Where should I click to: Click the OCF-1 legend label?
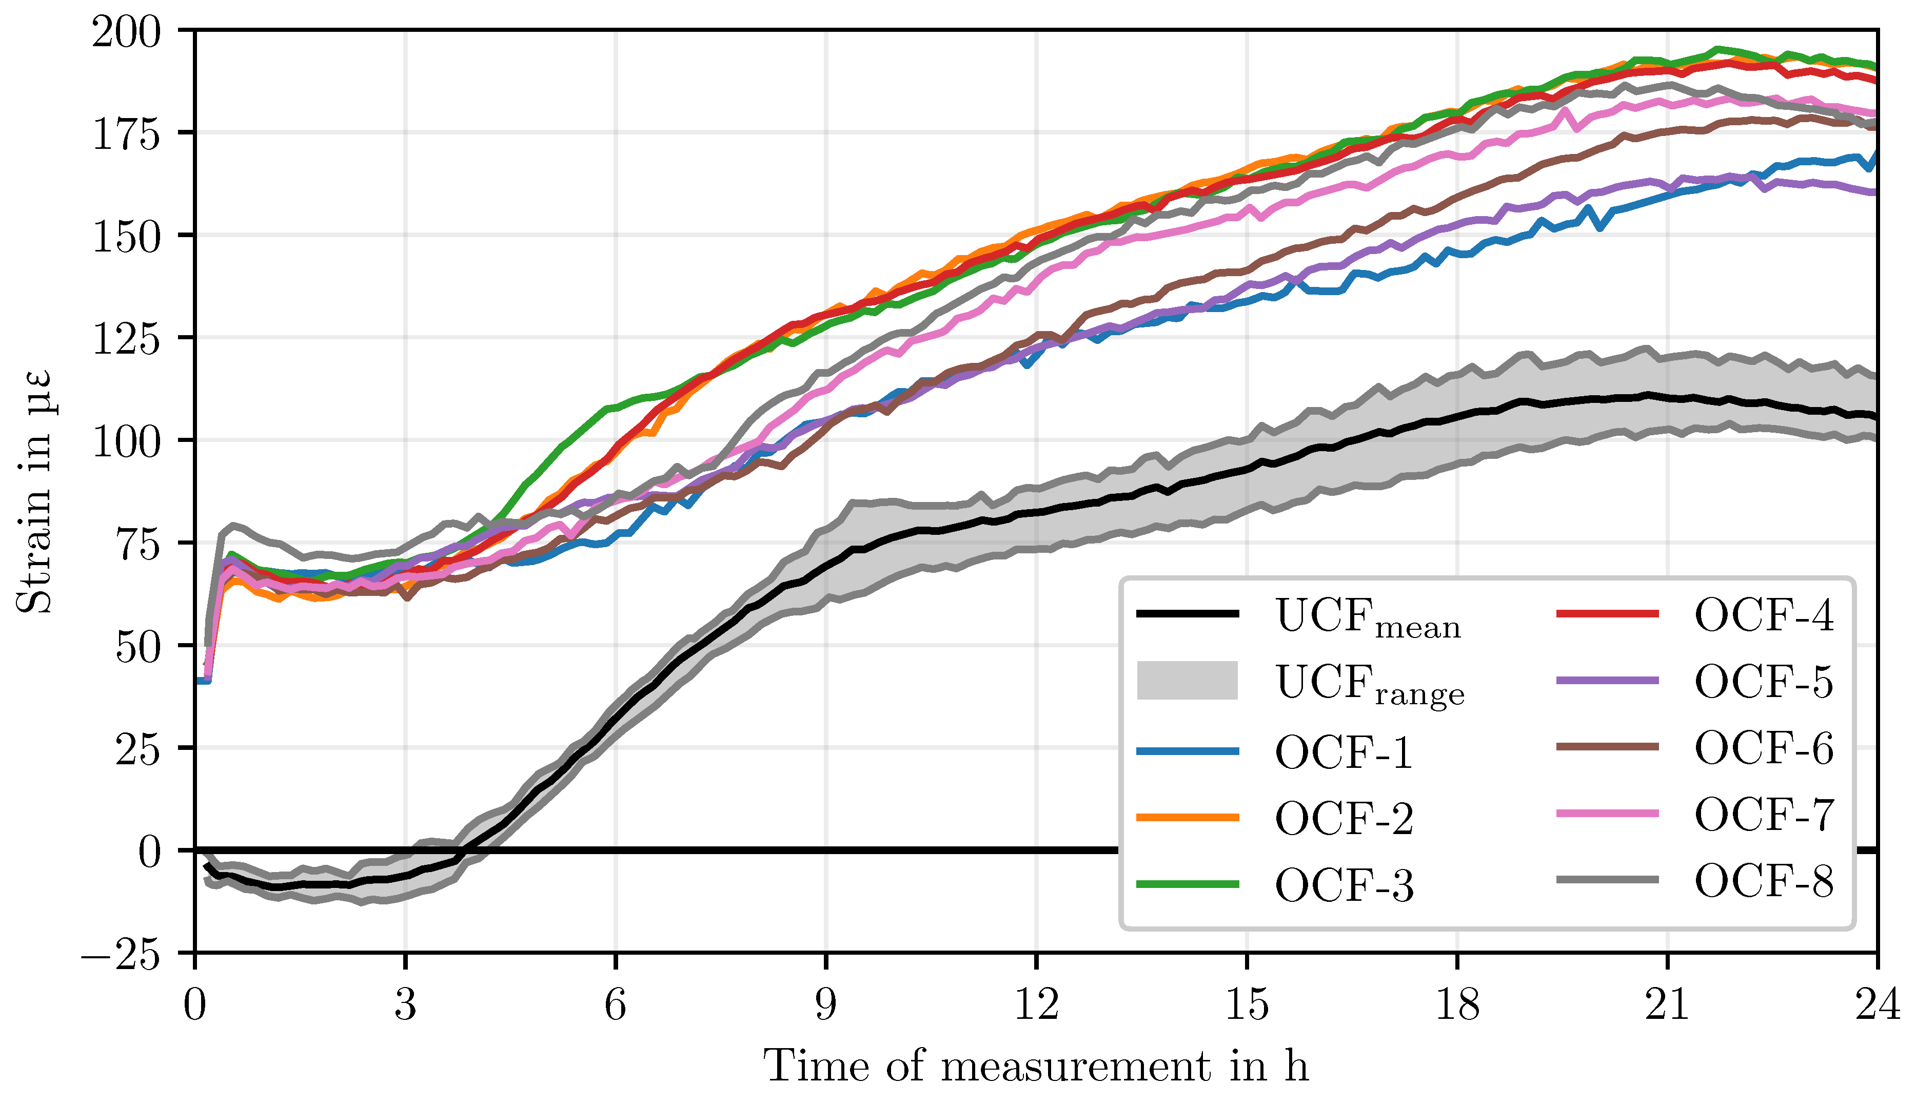tap(1344, 752)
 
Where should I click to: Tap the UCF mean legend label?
tap(1368, 617)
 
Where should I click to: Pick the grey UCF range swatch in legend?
tap(1188, 681)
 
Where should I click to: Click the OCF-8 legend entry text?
tap(1764, 880)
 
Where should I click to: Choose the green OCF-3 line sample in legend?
tap(1188, 884)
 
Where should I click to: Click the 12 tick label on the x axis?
tap(1036, 1005)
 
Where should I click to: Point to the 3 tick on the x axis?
tap(405, 1005)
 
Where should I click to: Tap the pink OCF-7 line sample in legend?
tap(1607, 813)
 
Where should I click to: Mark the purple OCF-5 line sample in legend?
tap(1607, 681)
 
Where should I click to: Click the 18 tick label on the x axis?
tap(1457, 1005)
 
